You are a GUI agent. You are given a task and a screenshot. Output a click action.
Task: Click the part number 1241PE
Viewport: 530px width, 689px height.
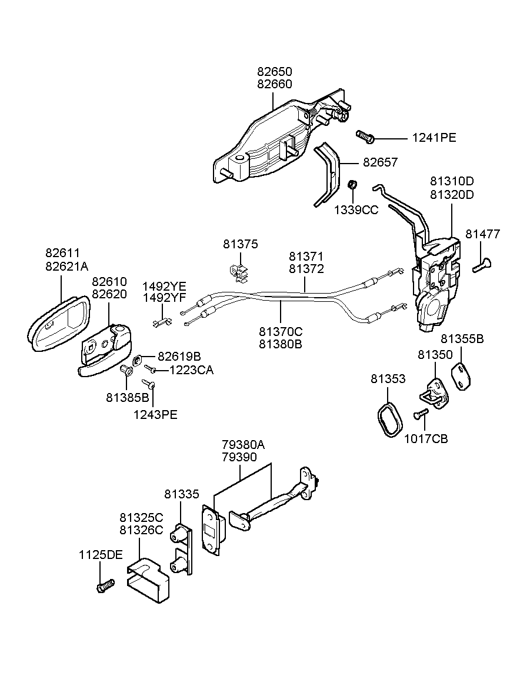pos(434,138)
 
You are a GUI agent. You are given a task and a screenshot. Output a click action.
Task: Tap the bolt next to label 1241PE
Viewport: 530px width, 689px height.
pos(365,137)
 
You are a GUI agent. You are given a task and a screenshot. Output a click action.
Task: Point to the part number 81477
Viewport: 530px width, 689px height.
pos(482,234)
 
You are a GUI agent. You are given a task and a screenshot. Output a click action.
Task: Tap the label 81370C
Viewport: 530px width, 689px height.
pos(281,332)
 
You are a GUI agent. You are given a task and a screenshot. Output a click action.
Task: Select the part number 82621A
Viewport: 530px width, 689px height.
pos(66,266)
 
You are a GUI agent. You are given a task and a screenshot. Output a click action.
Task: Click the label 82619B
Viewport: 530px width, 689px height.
pos(179,357)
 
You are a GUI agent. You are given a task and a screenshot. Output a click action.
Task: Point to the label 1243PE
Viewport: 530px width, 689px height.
pos(155,415)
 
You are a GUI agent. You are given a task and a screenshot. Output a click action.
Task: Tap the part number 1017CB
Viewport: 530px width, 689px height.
pos(426,438)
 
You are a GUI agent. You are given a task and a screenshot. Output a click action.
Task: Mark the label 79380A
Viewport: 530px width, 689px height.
pos(243,445)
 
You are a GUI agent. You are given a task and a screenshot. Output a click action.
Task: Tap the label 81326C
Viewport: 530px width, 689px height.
pos(141,530)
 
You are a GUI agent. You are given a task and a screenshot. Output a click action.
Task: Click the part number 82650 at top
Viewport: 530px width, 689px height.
pos(274,71)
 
